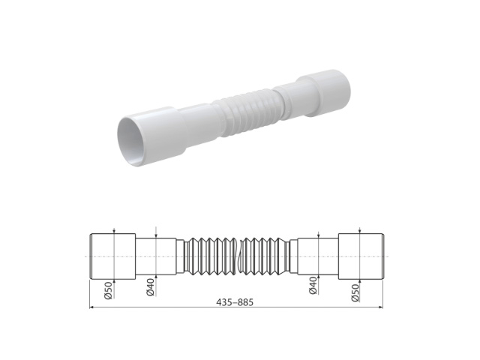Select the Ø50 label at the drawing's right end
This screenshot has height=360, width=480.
[355, 290]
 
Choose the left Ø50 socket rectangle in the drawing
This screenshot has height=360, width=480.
[112, 256]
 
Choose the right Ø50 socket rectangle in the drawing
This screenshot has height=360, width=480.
[361, 256]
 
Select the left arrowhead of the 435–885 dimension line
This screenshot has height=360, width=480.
[92, 307]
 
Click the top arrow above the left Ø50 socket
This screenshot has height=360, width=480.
[112, 232]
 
